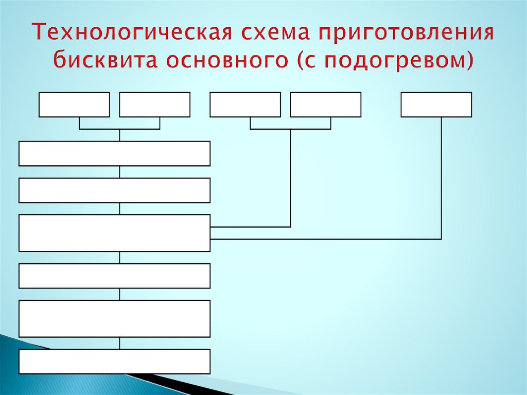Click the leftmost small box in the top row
(74, 105)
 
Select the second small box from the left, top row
(154, 105)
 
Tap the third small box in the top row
(245, 105)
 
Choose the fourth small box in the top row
(325, 105)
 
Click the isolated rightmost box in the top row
(436, 105)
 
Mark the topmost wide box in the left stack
(114, 153)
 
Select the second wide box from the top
(114, 190)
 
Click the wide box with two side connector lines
(114, 233)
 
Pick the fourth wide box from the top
(114, 276)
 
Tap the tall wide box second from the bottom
(114, 318)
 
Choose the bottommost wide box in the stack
(114, 361)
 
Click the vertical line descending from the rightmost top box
(442, 178)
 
